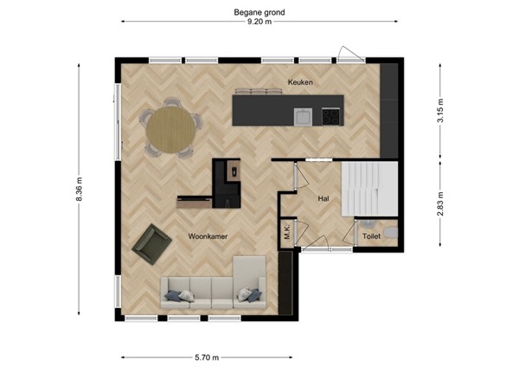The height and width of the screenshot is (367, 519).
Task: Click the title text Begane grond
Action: coord(259,12)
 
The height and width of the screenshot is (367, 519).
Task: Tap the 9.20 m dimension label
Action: coord(259,23)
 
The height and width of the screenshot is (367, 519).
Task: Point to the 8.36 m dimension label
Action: coord(80,189)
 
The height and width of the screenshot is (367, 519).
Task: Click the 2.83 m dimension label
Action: coord(439,204)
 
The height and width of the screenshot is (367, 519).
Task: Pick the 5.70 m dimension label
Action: coord(206,356)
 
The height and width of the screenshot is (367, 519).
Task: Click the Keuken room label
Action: coord(299,82)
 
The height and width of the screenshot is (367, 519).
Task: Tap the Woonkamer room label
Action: coord(208,235)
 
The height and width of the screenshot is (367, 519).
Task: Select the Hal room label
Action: coord(324,199)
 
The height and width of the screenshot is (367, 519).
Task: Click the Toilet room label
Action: coord(371,235)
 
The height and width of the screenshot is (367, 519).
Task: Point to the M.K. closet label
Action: coord(286,232)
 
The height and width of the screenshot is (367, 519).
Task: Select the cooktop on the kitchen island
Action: coord(330,115)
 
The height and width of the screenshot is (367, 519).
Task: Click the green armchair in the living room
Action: coord(151,243)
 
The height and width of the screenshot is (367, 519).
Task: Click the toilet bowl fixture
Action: coord(391,232)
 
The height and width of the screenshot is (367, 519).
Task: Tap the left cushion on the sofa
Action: coord(176,295)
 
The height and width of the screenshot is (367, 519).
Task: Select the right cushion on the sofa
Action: coord(252,295)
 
